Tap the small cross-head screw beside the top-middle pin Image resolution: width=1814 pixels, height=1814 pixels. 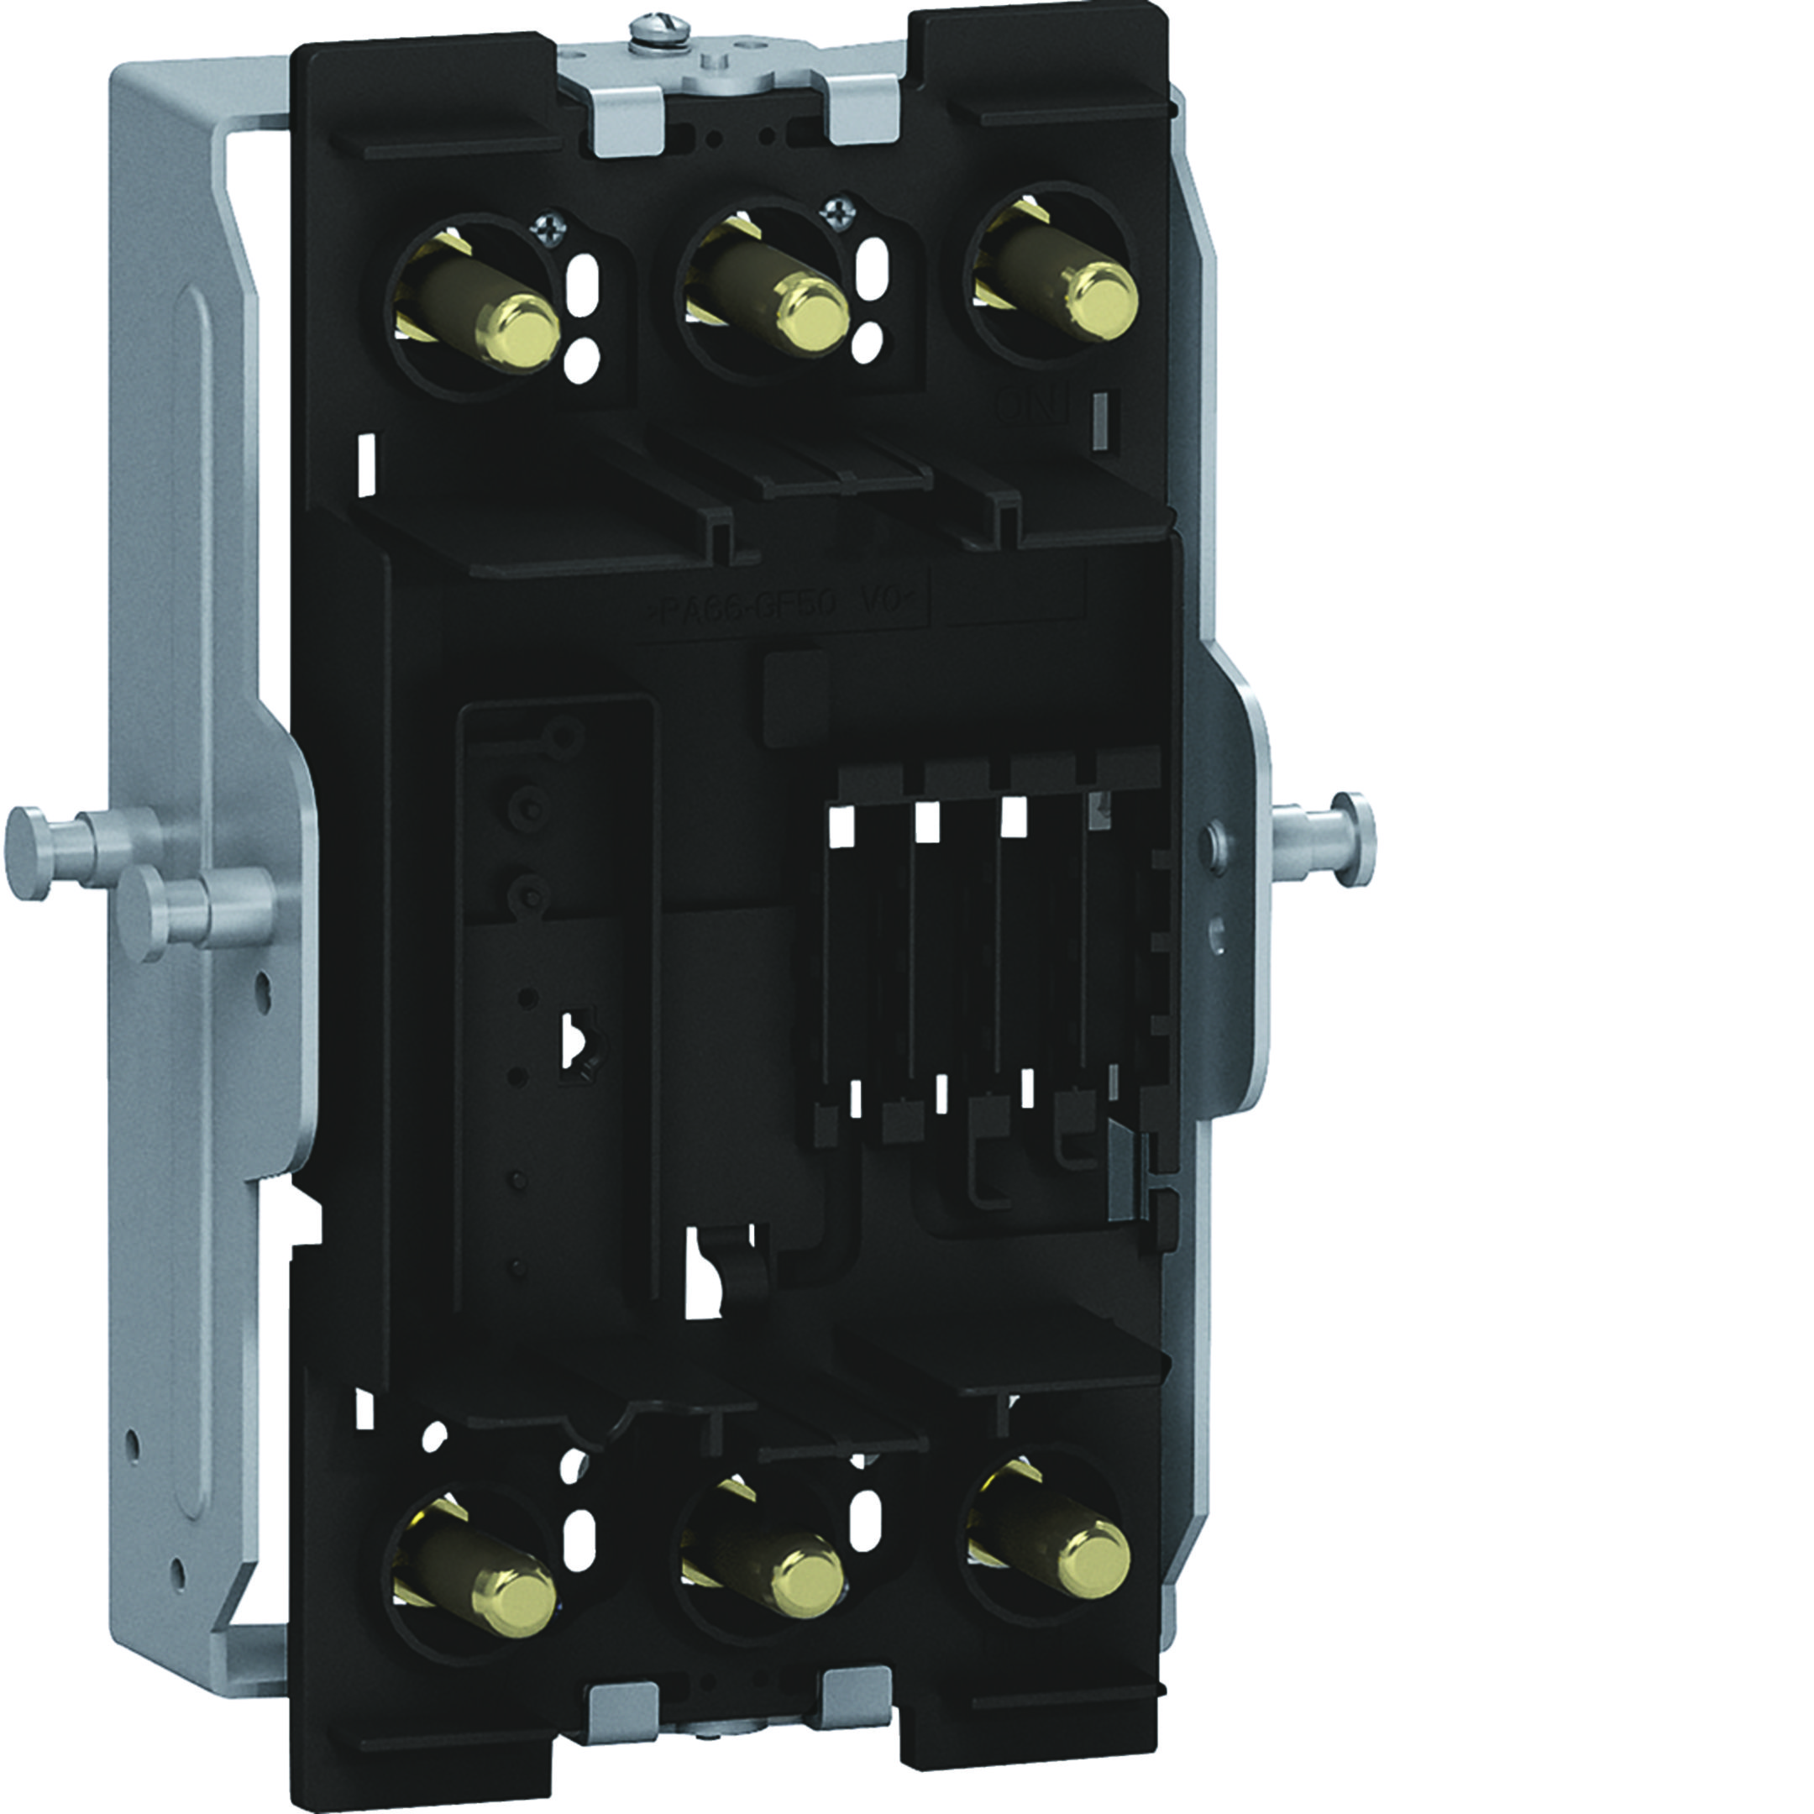tap(833, 215)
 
